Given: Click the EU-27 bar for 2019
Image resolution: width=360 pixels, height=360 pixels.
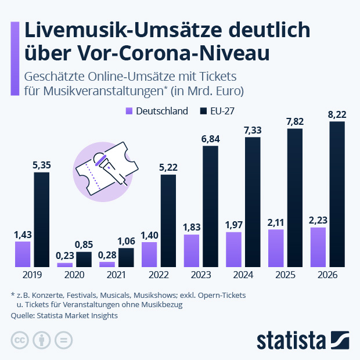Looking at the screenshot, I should point(41,219).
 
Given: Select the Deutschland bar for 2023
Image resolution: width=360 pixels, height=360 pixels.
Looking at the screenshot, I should point(191,251).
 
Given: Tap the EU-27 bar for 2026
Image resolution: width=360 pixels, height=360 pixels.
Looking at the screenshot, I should point(337,195).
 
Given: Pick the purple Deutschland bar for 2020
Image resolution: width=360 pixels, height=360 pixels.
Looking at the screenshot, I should point(65,265).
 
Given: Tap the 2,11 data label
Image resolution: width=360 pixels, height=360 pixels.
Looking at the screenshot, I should point(276,222).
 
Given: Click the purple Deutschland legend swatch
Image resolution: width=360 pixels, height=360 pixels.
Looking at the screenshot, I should point(129,111).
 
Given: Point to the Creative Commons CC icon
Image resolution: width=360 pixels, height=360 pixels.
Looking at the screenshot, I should point(20,340).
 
